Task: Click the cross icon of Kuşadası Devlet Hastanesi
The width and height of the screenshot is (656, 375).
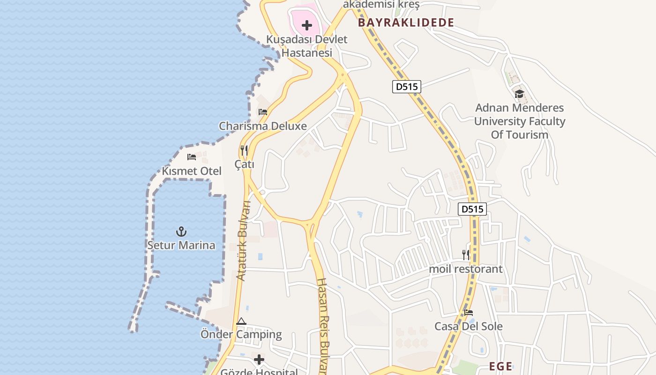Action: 307,25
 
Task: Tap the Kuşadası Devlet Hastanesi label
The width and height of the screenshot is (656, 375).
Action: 307,46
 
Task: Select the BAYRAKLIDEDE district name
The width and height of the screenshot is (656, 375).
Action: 406,22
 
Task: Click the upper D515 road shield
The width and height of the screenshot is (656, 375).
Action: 407,87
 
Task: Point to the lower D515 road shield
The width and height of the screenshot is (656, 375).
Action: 472,209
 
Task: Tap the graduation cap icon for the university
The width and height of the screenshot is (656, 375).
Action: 519,94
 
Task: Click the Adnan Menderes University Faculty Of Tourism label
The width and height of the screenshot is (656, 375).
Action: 520,121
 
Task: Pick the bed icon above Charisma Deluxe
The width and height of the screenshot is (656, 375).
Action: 263,112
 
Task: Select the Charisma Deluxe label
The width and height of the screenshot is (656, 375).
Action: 263,126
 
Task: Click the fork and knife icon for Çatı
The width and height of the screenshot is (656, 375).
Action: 244,150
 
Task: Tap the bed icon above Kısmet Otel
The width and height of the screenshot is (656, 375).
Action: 192,157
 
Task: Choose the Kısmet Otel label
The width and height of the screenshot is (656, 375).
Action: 192,171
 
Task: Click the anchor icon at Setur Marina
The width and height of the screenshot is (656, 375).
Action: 181,231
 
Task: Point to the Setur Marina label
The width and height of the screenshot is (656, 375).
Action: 181,245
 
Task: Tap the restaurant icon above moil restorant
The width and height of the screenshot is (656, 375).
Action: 466,255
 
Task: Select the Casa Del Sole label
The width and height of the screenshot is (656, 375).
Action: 469,326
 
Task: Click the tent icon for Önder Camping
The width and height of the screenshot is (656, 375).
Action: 241,321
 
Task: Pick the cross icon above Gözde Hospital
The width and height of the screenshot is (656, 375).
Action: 259,360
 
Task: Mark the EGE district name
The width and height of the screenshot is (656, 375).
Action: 500,367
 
